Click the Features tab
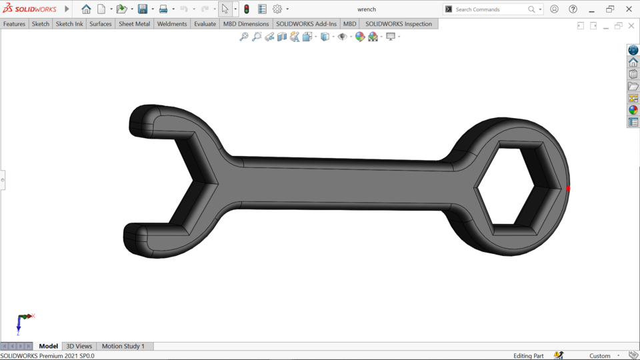point(14,24)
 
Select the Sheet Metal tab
point(134,24)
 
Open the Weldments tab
point(172,24)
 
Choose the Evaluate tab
point(205,24)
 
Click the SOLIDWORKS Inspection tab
point(398,24)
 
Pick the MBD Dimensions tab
point(246,24)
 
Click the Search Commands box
point(490,9)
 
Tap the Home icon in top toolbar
point(86,9)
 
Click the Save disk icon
point(142,9)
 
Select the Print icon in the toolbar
point(163,9)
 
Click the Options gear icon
point(277,9)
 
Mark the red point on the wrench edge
point(568,189)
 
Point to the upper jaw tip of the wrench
point(140,119)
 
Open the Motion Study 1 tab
point(123,346)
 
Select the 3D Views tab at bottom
point(79,346)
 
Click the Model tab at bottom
point(48,346)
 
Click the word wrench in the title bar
point(367,9)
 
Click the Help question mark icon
point(573,9)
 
